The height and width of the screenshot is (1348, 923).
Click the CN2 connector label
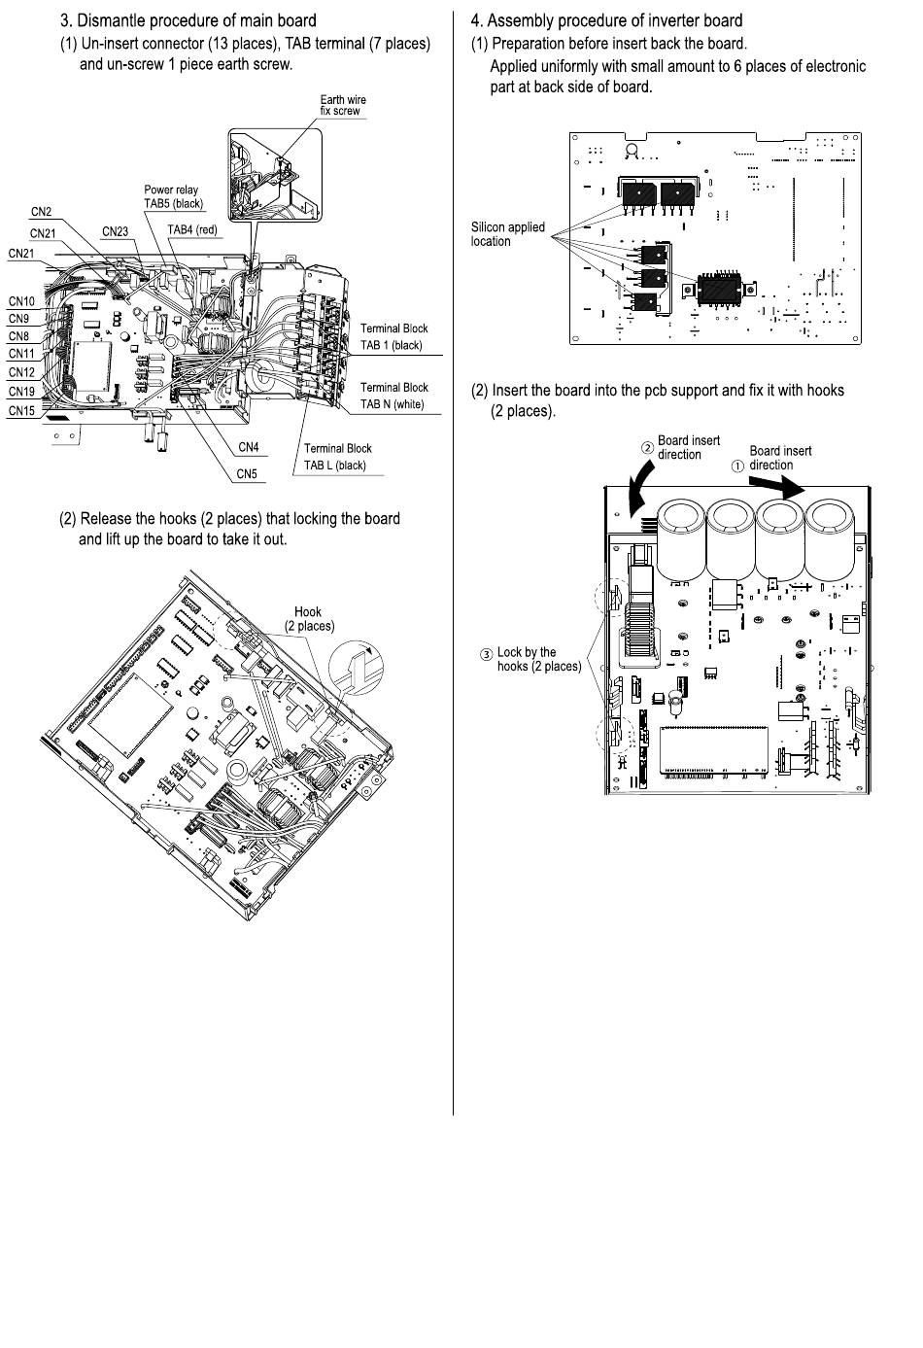pos(41,212)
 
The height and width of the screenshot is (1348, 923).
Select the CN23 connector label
pos(115,231)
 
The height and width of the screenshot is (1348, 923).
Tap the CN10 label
pos(21,301)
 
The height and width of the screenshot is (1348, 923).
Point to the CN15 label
pos(21,411)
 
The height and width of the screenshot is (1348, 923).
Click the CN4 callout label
pos(249,448)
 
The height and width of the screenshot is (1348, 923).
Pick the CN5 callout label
pos(247,474)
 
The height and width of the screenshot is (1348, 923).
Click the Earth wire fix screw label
pos(343,105)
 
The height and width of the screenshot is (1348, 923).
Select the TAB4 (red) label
pos(192,230)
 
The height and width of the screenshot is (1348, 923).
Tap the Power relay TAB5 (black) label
pos(173,197)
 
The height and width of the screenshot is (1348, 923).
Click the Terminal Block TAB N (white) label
pos(393,396)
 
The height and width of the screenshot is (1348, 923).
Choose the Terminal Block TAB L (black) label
pos(337,457)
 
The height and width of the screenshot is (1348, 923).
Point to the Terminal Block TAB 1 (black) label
pos(393,336)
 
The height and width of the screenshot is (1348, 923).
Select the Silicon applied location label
pos(507,234)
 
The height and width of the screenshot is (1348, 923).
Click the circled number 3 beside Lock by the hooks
pos(487,654)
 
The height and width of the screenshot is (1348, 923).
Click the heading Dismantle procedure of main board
pos(188,20)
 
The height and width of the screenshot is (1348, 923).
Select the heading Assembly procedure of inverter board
pos(606,20)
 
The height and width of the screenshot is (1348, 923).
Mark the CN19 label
pos(21,392)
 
